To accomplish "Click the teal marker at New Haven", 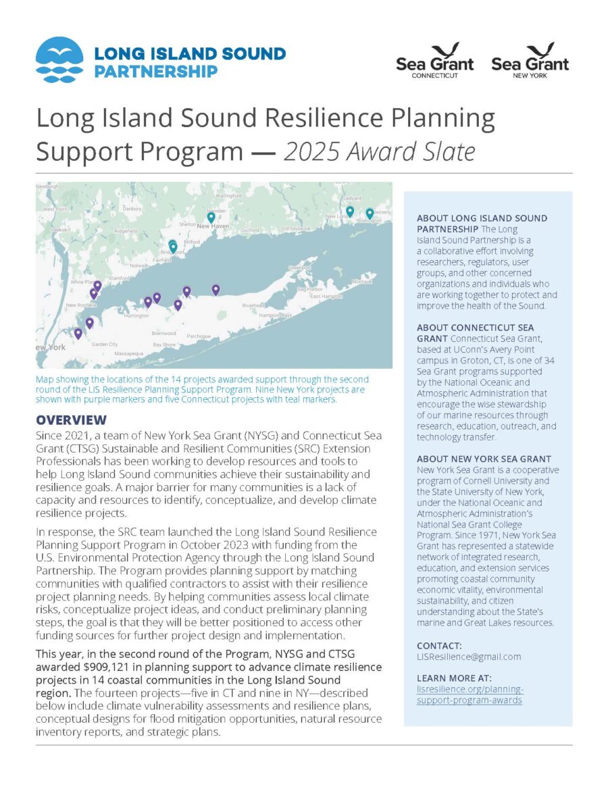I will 211,218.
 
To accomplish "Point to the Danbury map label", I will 132,209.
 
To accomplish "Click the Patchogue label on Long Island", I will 199,336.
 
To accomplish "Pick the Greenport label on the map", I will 300,268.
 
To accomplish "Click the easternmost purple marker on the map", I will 216,289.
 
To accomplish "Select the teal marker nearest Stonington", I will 370,213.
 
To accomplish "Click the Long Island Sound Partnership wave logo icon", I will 59,59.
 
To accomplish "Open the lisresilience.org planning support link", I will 470,694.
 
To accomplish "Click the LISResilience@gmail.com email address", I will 468,657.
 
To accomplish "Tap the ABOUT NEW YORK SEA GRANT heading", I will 484,459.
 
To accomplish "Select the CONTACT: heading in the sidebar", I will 439,646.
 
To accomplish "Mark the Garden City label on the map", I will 104,345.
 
